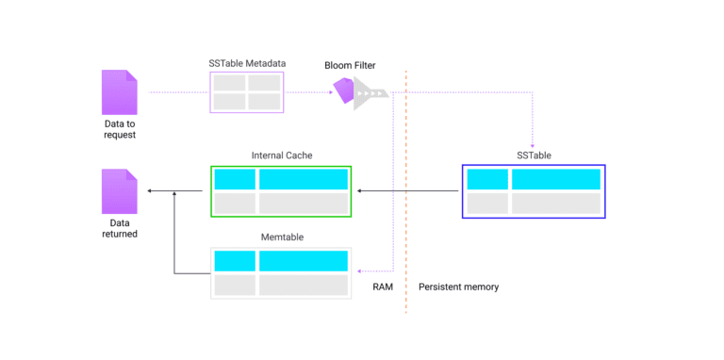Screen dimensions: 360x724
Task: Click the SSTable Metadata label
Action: pyautogui.click(x=247, y=63)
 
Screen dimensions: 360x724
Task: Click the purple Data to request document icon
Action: pyautogui.click(x=120, y=92)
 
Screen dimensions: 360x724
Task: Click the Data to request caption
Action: pyautogui.click(x=120, y=128)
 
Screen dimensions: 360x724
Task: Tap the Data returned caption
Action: pyautogui.click(x=120, y=227)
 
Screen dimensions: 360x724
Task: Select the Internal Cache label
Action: pyautogui.click(x=281, y=155)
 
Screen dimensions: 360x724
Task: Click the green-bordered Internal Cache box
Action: pyautogui.click(x=281, y=191)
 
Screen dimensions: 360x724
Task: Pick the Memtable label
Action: pyautogui.click(x=281, y=237)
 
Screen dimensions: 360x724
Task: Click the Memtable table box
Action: pyautogui.click(x=281, y=273)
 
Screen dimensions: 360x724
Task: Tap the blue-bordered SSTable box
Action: pyautogui.click(x=534, y=191)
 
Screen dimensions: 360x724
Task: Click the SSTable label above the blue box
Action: pyautogui.click(x=534, y=155)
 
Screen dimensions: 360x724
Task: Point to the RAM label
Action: pyautogui.click(x=384, y=286)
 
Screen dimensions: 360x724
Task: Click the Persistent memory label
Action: pyautogui.click(x=459, y=286)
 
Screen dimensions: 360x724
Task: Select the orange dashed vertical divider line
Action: pyautogui.click(x=406, y=188)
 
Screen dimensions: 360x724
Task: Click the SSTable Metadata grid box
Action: pyautogui.click(x=247, y=92)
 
